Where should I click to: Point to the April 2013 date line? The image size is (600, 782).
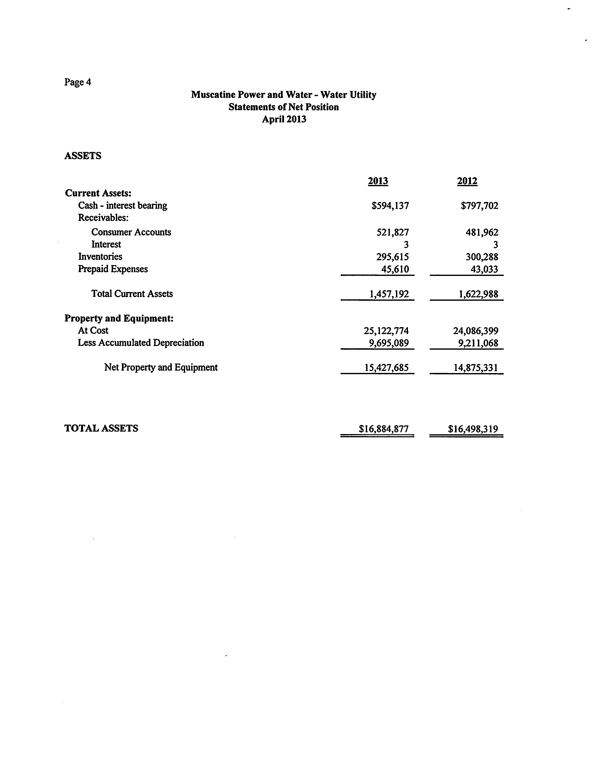pos(284,119)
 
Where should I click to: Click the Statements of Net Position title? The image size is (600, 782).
pos(283,107)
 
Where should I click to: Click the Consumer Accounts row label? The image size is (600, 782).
pos(131,232)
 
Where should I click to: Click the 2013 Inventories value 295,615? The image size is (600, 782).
pos(392,257)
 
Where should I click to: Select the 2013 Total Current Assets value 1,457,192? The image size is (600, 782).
pos(389,294)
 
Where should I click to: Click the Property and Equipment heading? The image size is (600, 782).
pos(119,318)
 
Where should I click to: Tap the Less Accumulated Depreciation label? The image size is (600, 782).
pos(141,343)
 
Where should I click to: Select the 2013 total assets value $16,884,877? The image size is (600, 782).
pos(384,429)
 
